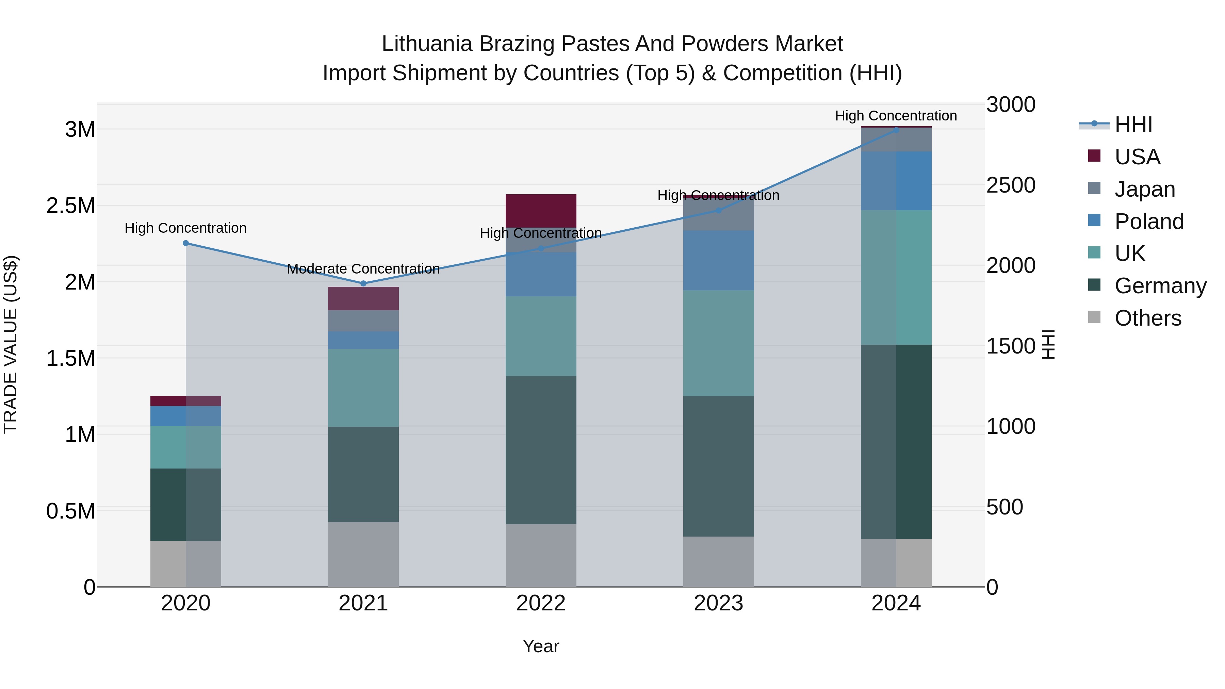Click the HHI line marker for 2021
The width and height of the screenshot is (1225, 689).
point(363,283)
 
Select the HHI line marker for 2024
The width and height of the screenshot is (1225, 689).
point(896,130)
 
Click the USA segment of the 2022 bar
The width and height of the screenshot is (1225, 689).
point(541,211)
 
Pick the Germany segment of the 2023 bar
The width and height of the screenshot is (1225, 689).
point(719,466)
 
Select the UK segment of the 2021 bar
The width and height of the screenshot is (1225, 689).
point(363,388)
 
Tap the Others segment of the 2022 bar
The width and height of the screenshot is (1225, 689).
point(541,555)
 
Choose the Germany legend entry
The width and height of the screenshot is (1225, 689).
point(1160,286)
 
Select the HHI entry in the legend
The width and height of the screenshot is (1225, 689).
point(1133,125)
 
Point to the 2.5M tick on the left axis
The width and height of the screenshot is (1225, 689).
point(71,206)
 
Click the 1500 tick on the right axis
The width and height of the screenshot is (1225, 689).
point(1011,346)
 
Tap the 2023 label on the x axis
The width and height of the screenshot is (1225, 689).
point(719,603)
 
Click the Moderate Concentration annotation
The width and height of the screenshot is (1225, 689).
point(363,269)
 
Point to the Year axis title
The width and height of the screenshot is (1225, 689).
point(541,646)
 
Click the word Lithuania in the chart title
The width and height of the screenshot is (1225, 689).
point(427,44)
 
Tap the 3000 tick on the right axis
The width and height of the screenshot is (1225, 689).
point(1011,104)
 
